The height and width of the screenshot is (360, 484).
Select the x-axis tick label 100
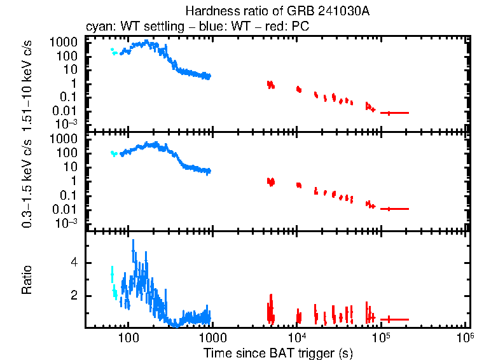pyautogui.click(x=128, y=337)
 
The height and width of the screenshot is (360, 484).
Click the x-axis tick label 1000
pyautogui.click(x=212, y=337)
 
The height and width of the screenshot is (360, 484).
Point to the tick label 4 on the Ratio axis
pyautogui.click(x=74, y=262)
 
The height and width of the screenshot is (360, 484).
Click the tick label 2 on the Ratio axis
pyautogui.click(x=74, y=296)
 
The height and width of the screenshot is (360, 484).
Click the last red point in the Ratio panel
pyautogui.click(x=389, y=319)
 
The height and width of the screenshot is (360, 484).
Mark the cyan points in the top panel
pyautogui.click(x=113, y=52)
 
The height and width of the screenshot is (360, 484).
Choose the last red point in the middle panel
pyautogui.click(x=389, y=209)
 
